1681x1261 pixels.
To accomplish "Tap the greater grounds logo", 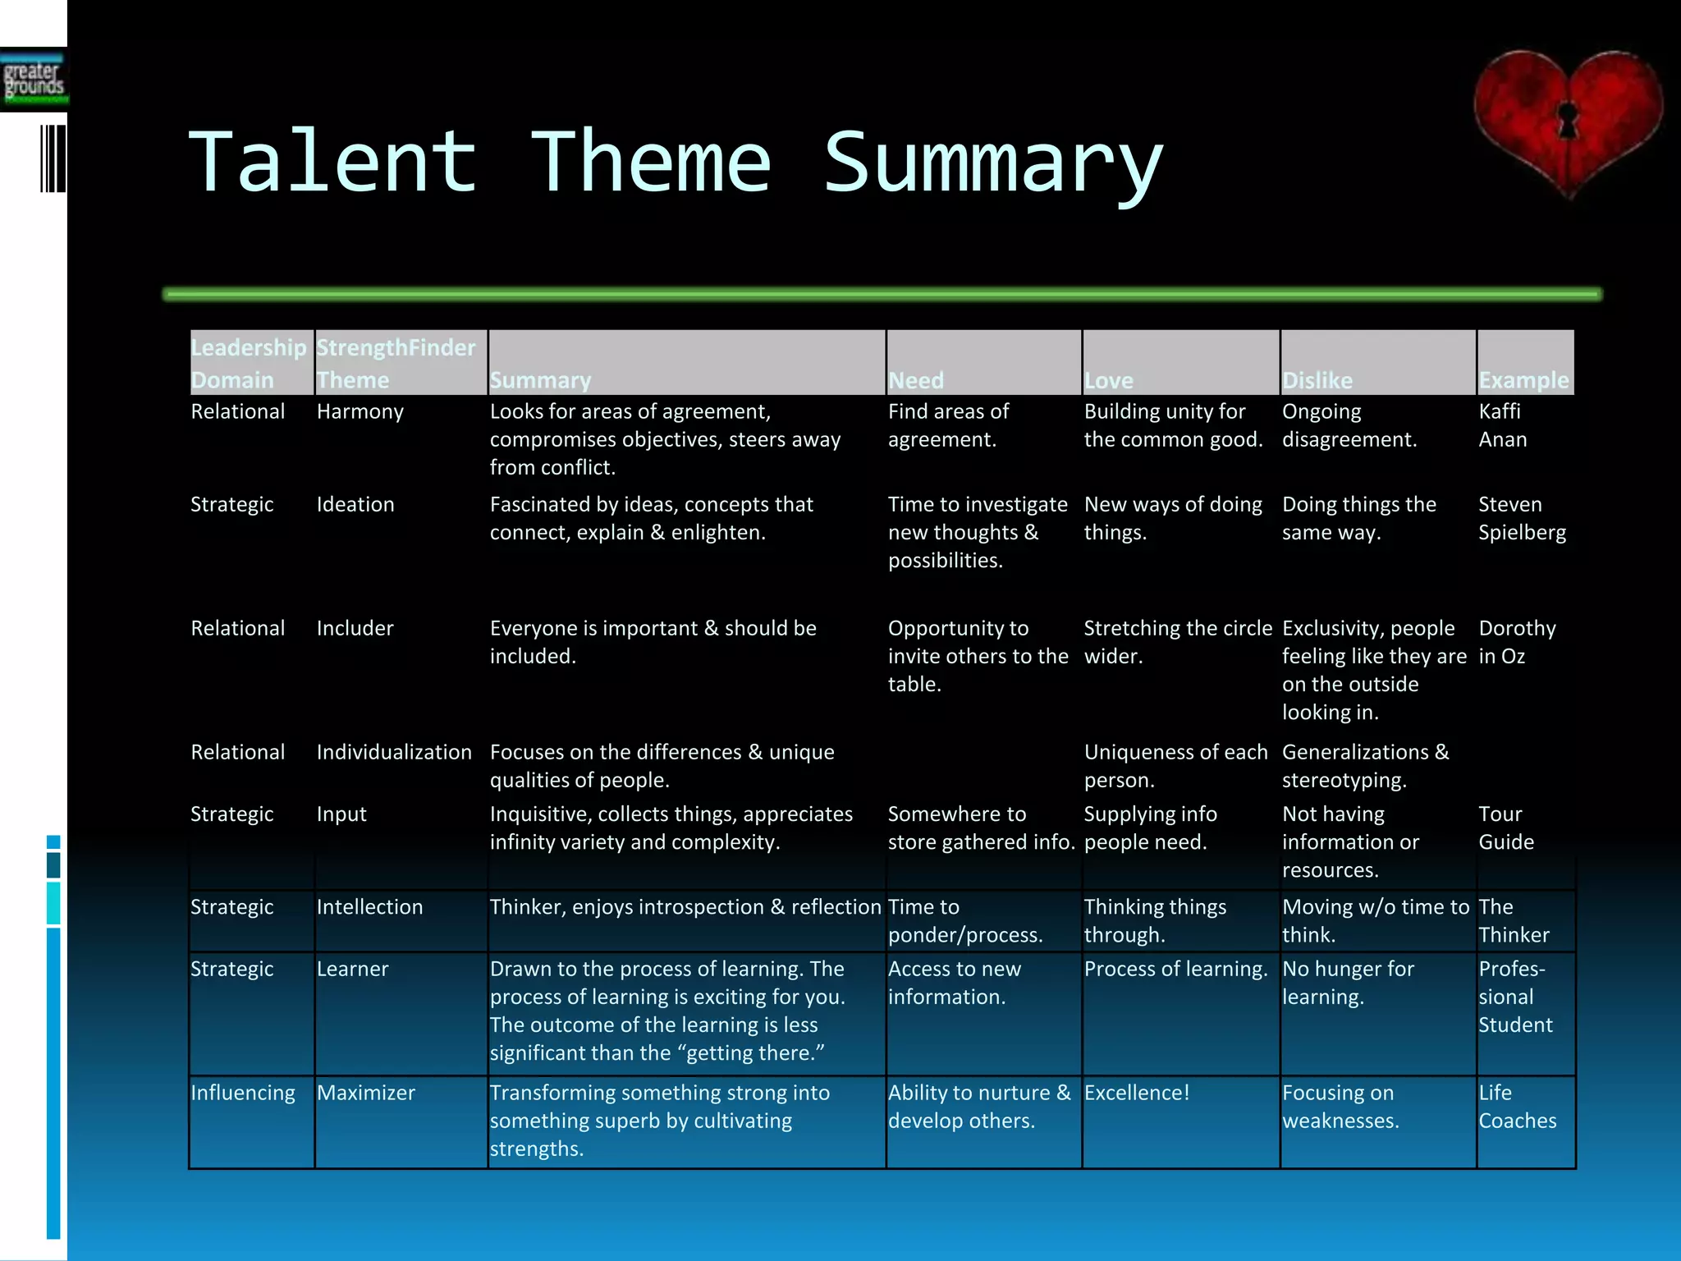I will (34, 80).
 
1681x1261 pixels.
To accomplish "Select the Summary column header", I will (540, 380).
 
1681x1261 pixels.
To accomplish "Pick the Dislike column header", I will (1317, 380).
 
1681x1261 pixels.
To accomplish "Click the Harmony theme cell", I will (360, 411).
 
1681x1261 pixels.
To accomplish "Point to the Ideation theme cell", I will (355, 504).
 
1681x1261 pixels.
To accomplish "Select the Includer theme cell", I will (355, 628).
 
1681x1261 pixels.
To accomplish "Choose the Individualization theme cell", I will (394, 752).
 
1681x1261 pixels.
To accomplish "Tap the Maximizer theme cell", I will (365, 1093).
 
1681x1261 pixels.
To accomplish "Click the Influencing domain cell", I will (242, 1093).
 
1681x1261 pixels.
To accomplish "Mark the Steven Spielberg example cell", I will (1521, 518).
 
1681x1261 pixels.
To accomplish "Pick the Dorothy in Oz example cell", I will (1516, 642).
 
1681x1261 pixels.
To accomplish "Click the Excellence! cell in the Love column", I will (1136, 1093).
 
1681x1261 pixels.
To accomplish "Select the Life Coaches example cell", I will (1517, 1107).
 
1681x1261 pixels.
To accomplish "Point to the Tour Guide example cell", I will (1505, 828).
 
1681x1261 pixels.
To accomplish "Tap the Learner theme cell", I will (352, 969).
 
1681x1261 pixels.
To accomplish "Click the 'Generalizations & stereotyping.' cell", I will (1365, 766).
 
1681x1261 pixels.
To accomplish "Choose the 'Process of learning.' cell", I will (1175, 969).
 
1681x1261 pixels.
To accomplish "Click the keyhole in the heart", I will (1568, 121).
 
